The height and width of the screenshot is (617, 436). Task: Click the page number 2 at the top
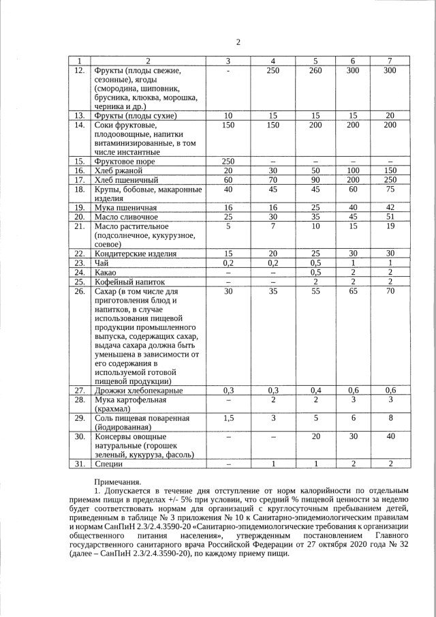[x=238, y=42]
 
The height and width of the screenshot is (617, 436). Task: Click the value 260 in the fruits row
[x=315, y=70]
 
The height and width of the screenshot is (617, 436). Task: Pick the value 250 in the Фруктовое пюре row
[x=228, y=162]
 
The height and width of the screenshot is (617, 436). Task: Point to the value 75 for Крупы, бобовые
[x=390, y=190]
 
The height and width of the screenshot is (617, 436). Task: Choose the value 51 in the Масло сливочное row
[x=390, y=217]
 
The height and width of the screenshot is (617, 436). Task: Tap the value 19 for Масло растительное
[x=390, y=226]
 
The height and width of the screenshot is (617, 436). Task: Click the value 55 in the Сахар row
[x=315, y=290]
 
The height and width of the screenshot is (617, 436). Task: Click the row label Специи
[x=109, y=464]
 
